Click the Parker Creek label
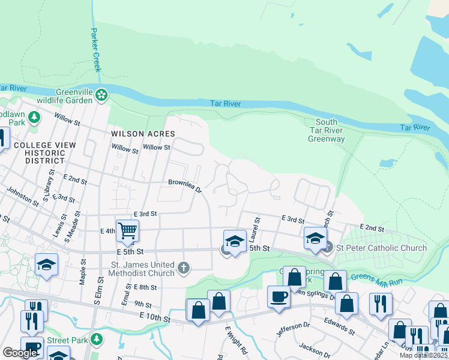point(95,50)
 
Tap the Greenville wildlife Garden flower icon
point(101,95)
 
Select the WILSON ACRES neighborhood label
point(143,134)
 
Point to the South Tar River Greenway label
point(327,131)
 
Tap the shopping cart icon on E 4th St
point(127,230)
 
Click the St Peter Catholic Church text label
point(381,248)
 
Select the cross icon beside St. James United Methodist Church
point(183,268)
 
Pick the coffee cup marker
point(279,296)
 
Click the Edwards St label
point(339,326)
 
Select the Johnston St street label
point(23,197)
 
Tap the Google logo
point(20,353)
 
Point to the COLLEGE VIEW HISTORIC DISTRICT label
point(44,153)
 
